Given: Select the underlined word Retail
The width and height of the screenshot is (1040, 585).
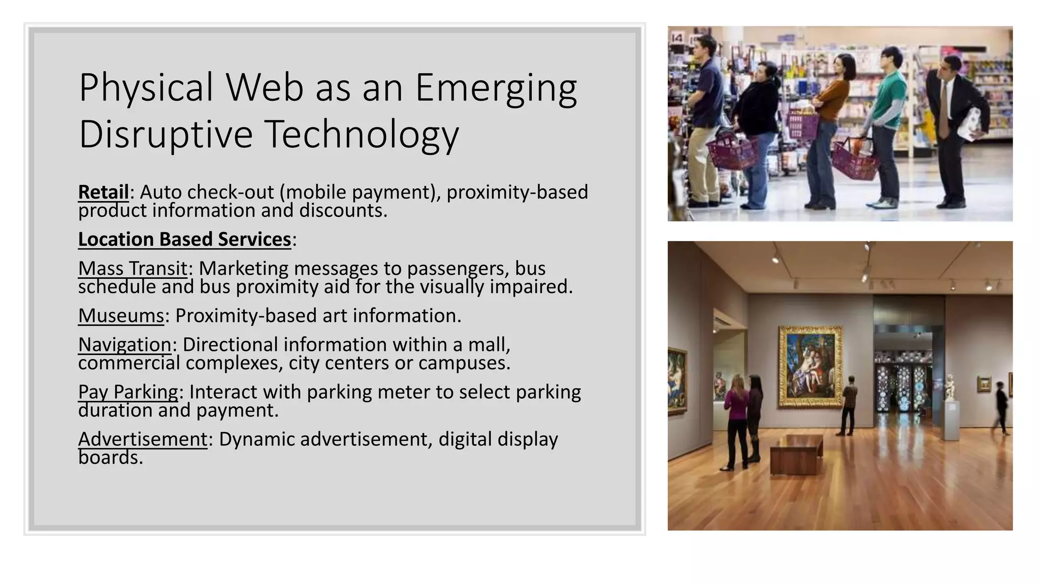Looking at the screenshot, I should [104, 192].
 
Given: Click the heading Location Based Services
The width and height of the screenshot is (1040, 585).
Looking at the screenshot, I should [184, 239].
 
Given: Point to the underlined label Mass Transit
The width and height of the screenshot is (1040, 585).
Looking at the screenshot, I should [133, 268].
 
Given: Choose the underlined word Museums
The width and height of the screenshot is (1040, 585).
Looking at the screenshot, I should [121, 316].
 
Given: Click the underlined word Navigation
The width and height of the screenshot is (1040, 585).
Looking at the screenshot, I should [124, 345].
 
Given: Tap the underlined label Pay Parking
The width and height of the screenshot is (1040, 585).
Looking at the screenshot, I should [128, 392].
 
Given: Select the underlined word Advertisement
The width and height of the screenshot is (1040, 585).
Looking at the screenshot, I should [143, 439].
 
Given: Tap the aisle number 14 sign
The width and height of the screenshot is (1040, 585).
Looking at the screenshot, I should [677, 38].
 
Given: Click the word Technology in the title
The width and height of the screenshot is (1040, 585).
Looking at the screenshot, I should [362, 134].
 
